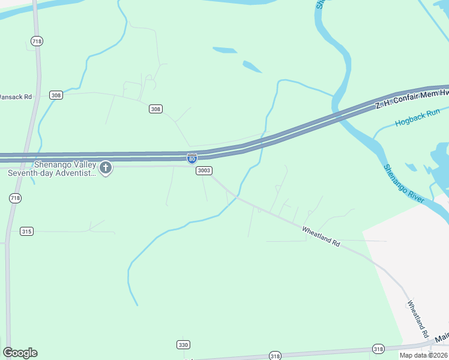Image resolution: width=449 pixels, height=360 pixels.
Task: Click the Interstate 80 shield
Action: tap(191, 158)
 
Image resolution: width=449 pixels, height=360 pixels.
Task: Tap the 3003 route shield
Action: tap(203, 171)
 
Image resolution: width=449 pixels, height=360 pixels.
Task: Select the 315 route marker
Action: tap(26, 231)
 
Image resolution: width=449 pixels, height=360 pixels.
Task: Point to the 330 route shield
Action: tap(183, 344)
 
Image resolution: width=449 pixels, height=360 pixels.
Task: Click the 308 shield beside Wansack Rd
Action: tap(56, 95)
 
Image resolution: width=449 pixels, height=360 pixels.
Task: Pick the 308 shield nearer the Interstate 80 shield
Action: tap(156, 109)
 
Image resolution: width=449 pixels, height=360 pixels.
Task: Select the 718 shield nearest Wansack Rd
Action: tap(37, 41)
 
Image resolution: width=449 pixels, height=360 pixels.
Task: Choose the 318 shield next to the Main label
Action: tap(378, 349)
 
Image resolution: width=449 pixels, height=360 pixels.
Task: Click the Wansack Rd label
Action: tap(16, 96)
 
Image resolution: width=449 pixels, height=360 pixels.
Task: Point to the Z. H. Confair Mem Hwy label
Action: tap(412, 98)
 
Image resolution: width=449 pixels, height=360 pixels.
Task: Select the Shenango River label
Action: tap(404, 183)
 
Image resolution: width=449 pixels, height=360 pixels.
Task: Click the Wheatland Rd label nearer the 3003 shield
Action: tap(321, 237)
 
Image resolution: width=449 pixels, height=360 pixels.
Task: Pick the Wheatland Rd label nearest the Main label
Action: tap(417, 318)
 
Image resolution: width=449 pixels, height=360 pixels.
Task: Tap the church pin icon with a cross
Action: tap(106, 167)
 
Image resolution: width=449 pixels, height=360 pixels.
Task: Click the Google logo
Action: tap(20, 353)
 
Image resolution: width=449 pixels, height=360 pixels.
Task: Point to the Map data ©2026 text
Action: tap(423, 355)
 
